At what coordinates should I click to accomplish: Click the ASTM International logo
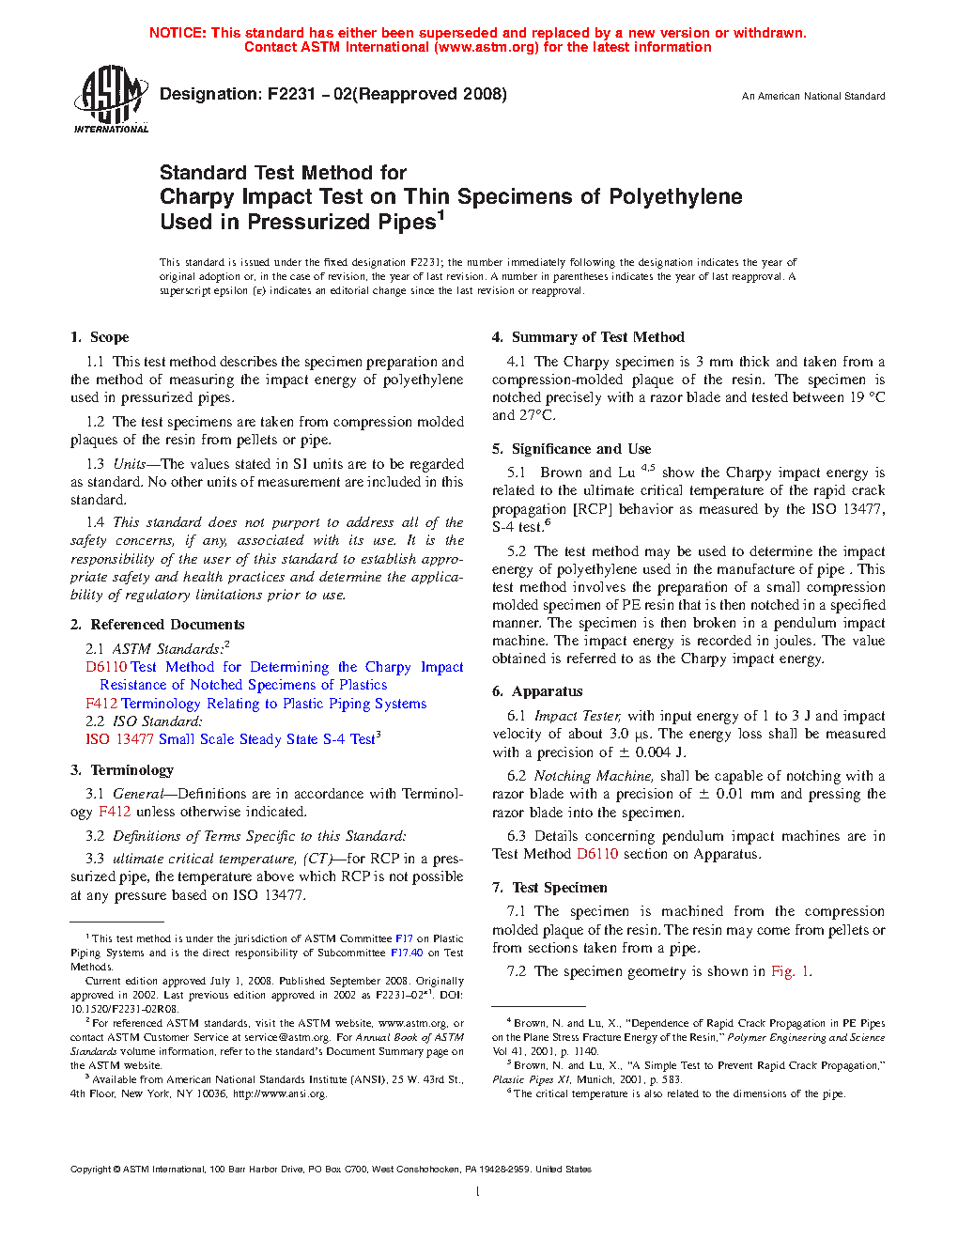pos(110,99)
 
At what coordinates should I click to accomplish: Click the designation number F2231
pos(291,94)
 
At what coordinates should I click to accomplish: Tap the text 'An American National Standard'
pos(813,96)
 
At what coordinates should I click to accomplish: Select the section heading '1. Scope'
pos(100,337)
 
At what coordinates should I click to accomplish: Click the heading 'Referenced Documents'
pos(167,625)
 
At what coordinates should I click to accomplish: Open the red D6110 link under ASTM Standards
pos(106,667)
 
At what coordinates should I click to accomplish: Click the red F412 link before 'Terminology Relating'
pos(101,704)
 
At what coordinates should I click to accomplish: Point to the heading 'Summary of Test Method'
pos(597,337)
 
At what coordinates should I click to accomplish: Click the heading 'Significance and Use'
pos(580,449)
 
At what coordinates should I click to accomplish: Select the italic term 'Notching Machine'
pos(592,776)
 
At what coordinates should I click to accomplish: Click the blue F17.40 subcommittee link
pos(407,953)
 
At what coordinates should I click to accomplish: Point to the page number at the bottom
pos(478,1192)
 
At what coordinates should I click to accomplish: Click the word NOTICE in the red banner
pos(178,33)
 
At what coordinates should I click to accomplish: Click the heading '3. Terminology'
pos(122,770)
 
